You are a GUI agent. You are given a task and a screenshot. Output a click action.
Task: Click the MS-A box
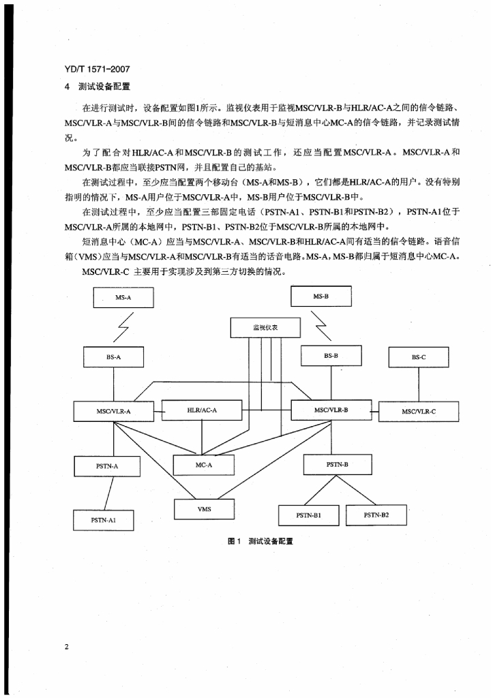[x=123, y=297]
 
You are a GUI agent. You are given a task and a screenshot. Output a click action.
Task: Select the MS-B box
[x=321, y=297]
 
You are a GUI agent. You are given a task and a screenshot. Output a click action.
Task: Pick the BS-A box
[x=113, y=356]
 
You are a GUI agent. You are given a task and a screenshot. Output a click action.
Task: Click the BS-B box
[x=331, y=356]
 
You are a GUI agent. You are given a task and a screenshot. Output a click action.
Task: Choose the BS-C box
[x=419, y=357]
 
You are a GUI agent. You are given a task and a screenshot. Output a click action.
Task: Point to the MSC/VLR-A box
[x=113, y=411]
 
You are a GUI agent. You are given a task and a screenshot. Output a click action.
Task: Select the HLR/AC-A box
[x=201, y=410]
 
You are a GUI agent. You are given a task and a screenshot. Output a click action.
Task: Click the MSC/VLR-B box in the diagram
[x=331, y=410]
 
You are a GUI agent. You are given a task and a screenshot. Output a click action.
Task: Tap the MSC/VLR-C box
[x=419, y=411]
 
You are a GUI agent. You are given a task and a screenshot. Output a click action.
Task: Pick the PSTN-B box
[x=338, y=464]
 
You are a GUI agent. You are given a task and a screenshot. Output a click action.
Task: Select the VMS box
[x=204, y=509]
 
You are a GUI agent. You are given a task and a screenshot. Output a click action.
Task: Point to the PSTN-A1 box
[x=104, y=519]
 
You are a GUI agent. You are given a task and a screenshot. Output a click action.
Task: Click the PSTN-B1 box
[x=309, y=515]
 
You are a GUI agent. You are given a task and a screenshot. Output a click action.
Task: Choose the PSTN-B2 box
[x=376, y=515]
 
